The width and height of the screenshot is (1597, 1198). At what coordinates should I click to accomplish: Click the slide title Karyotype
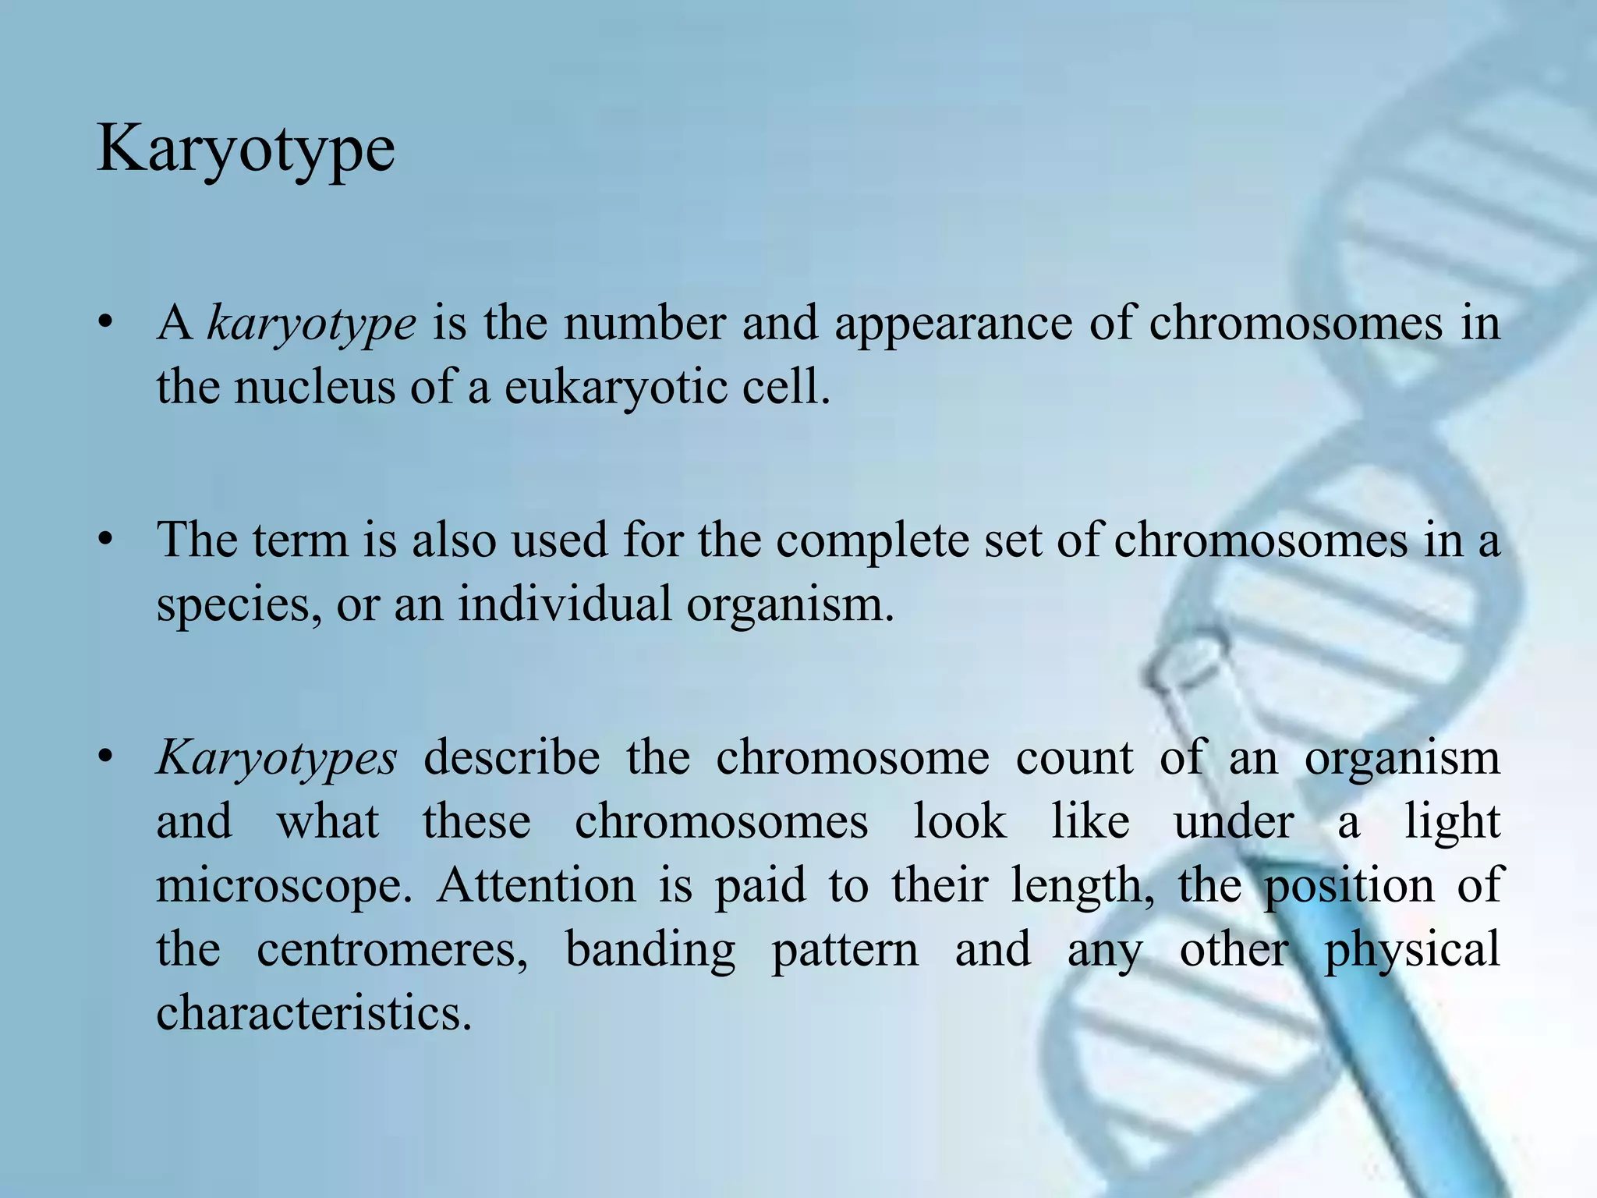[246, 150]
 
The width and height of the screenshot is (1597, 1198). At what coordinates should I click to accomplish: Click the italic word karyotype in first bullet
[311, 324]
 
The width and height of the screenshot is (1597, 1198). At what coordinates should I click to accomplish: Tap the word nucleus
[315, 387]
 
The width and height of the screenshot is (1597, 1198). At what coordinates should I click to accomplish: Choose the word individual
[564, 604]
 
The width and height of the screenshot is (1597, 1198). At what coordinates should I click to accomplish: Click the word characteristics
[314, 1013]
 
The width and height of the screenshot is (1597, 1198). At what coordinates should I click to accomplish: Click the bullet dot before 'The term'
[107, 540]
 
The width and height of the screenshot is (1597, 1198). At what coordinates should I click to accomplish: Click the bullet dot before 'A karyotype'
[107, 323]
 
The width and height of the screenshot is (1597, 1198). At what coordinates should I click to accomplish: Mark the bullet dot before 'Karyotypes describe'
[107, 757]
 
